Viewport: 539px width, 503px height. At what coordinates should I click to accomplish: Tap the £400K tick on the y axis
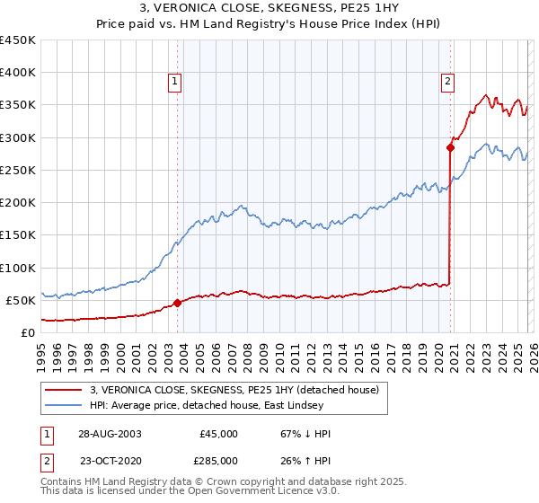(18, 73)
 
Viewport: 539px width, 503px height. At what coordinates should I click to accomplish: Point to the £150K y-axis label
(18, 235)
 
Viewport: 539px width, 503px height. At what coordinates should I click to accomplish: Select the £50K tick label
(22, 300)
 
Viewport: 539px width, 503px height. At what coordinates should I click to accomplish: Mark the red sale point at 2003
(178, 303)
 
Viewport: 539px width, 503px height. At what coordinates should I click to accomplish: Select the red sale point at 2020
(449, 147)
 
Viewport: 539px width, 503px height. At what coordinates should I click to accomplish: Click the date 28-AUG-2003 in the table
(109, 434)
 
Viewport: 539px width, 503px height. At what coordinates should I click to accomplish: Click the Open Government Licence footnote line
(190, 491)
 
